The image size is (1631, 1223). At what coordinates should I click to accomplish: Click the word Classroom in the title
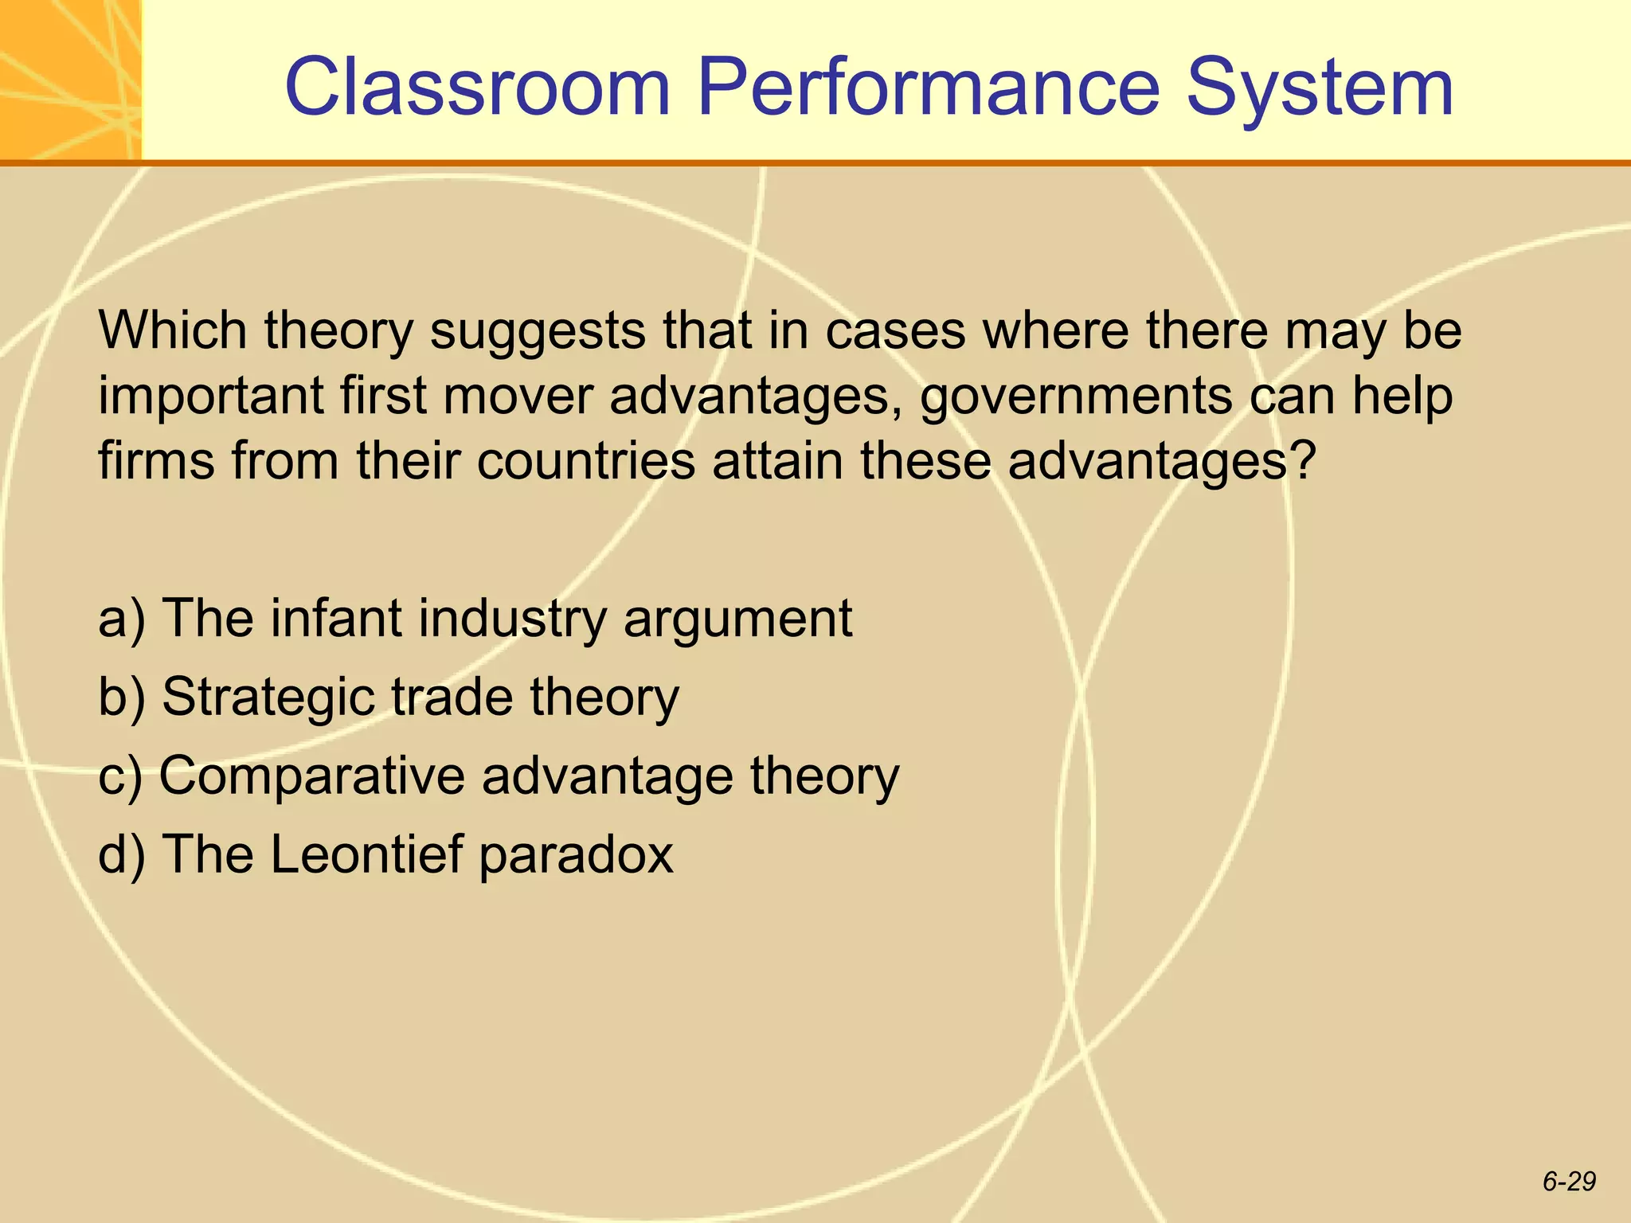pos(478,88)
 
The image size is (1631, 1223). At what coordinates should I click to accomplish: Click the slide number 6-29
pos(1568,1182)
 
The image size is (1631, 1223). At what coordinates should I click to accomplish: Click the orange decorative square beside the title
pos(70,79)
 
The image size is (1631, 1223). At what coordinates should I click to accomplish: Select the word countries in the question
pos(586,460)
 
